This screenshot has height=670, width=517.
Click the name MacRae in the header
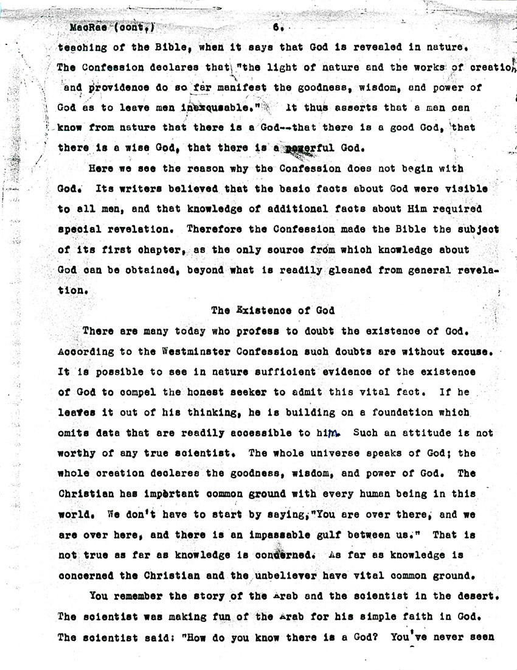click(x=85, y=27)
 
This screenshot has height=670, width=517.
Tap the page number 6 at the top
click(x=277, y=27)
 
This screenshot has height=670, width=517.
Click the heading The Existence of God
click(x=273, y=310)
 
